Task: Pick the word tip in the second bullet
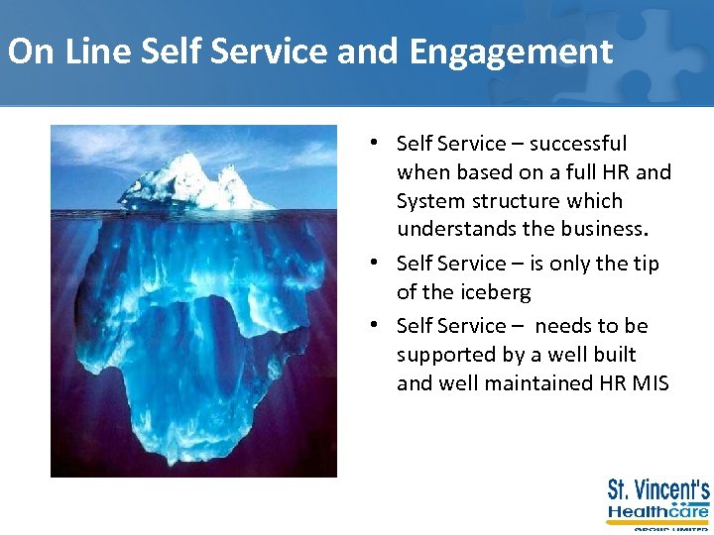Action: [x=644, y=264]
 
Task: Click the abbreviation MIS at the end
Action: [x=650, y=382]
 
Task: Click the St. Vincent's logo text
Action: [x=658, y=490]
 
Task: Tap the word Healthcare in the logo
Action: [x=658, y=512]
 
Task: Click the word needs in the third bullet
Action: [x=561, y=326]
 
